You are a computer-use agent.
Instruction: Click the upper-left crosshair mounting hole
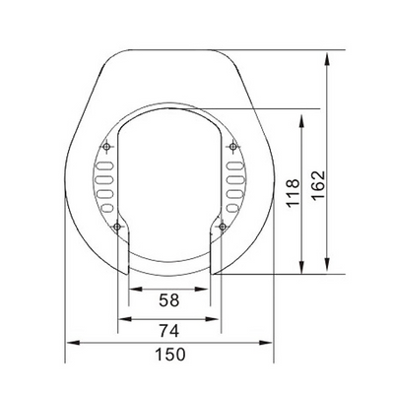point(106,148)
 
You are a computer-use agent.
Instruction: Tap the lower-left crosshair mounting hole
point(117,229)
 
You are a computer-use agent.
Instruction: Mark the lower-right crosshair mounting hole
point(222,229)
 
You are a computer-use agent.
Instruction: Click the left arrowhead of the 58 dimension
point(133,290)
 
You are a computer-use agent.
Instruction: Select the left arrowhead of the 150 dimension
point(69,342)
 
